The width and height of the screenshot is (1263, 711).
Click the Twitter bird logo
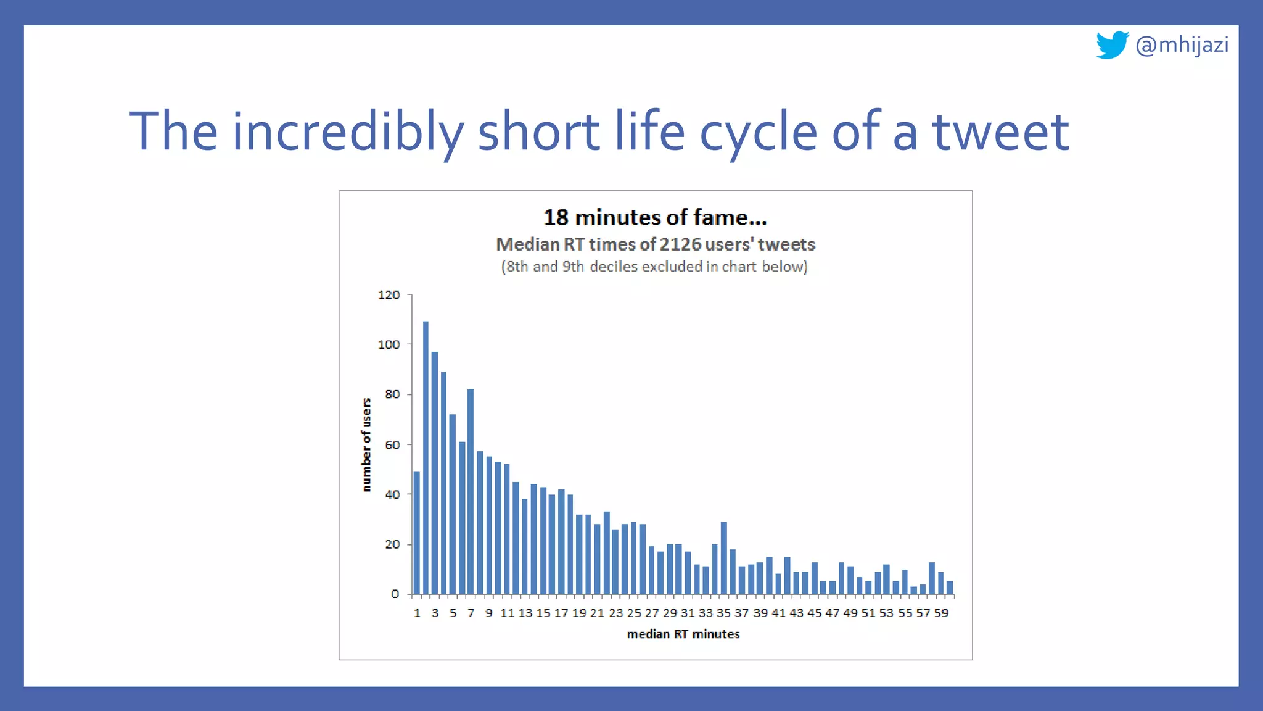point(1111,45)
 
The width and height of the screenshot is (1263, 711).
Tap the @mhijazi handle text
point(1182,45)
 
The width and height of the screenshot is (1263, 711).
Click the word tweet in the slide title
point(1000,131)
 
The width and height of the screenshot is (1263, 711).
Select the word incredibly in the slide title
point(347,131)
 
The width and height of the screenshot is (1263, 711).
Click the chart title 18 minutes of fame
point(655,217)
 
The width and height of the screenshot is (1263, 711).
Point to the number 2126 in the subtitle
point(680,244)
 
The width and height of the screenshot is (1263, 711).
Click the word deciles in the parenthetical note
point(614,267)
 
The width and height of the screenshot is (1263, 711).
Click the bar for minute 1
point(417,532)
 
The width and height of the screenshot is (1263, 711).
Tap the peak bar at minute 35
point(723,557)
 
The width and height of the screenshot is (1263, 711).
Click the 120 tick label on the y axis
point(389,295)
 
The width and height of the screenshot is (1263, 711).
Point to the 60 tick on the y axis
point(392,444)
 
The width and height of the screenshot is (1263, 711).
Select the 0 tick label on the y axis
point(395,594)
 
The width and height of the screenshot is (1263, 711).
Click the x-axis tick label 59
point(941,613)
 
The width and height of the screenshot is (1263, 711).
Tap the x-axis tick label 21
point(596,613)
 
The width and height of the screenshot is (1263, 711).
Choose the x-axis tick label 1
point(417,613)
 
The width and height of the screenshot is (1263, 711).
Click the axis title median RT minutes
point(683,634)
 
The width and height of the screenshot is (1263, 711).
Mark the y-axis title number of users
point(366,444)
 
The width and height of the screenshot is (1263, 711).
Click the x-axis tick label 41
point(778,613)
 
